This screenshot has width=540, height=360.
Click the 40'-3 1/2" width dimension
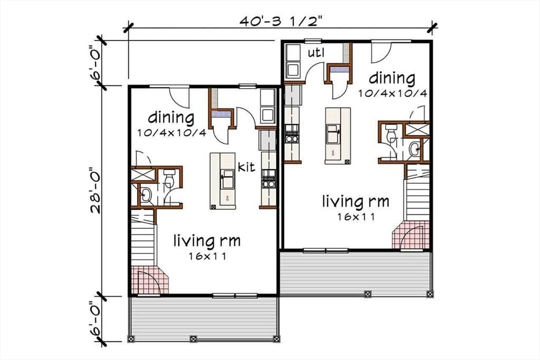281,21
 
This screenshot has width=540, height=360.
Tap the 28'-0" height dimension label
95,190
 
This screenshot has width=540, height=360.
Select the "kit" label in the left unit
247,167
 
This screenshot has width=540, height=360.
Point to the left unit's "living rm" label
207,240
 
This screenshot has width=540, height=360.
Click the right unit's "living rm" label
356,201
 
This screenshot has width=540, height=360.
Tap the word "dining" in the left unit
171,118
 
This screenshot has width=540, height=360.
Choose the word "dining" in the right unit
392,78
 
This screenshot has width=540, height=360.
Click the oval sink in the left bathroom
146,195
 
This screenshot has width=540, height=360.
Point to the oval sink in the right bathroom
414,149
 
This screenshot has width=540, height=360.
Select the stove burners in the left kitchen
268,179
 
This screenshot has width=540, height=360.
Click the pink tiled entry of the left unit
149,279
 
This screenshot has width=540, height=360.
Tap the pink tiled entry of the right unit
411,235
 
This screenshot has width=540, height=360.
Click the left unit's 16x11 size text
207,256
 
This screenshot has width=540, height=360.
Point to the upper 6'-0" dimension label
95,63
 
